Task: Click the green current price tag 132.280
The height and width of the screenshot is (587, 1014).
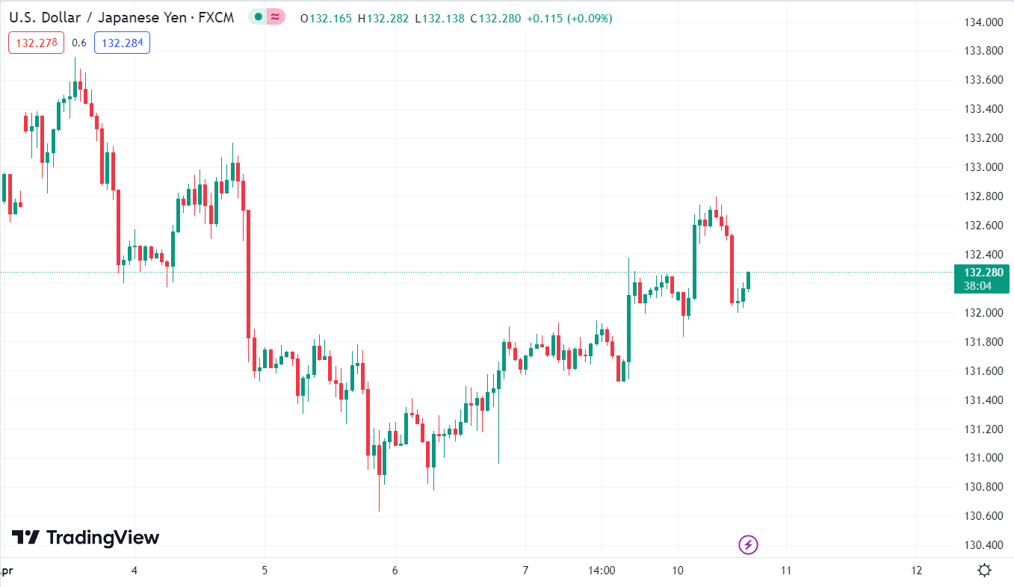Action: [982, 273]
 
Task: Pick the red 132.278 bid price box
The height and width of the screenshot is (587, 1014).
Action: [37, 43]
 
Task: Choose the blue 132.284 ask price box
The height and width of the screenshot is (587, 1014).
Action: [122, 43]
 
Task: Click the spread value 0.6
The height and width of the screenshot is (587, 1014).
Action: [79, 43]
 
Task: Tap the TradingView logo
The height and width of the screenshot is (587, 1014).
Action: [85, 537]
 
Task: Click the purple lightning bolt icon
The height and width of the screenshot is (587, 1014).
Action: [748, 544]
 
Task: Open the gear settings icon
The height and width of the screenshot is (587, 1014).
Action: [984, 571]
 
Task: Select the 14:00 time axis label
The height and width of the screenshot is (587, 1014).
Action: [602, 571]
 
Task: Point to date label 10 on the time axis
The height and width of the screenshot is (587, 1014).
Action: [678, 571]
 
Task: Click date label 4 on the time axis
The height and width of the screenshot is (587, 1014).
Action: [135, 571]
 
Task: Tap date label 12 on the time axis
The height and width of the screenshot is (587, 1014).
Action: [917, 571]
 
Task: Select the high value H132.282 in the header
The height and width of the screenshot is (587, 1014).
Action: [383, 18]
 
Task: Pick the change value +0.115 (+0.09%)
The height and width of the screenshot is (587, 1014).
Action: [569, 18]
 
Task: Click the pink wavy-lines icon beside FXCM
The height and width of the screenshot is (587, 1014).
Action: [276, 17]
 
